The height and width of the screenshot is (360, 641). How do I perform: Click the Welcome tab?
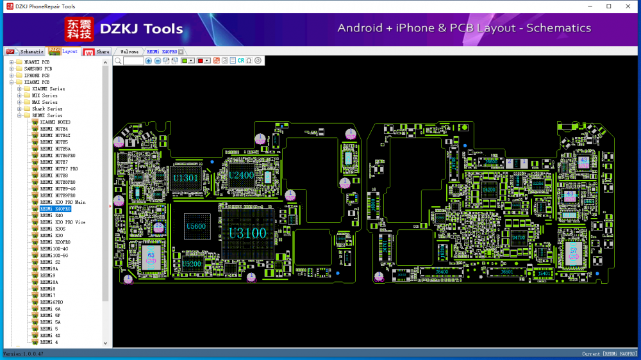tap(129, 51)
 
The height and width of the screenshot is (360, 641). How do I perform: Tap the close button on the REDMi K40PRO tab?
tap(181, 51)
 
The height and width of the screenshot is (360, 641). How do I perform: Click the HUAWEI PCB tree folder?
tap(37, 62)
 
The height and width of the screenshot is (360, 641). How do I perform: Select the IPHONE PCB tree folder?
tap(37, 76)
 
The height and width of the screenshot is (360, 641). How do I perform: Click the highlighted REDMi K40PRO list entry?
tap(55, 209)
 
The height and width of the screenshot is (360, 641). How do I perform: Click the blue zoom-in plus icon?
tap(149, 60)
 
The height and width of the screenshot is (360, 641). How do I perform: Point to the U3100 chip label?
tap(247, 233)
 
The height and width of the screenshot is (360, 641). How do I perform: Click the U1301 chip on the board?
tap(186, 177)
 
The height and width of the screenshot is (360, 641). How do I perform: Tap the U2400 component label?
tap(241, 175)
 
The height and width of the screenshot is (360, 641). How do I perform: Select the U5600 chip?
tap(196, 227)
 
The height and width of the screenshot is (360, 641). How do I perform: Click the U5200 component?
tap(191, 264)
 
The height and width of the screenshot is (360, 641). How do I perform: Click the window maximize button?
tap(608, 6)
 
